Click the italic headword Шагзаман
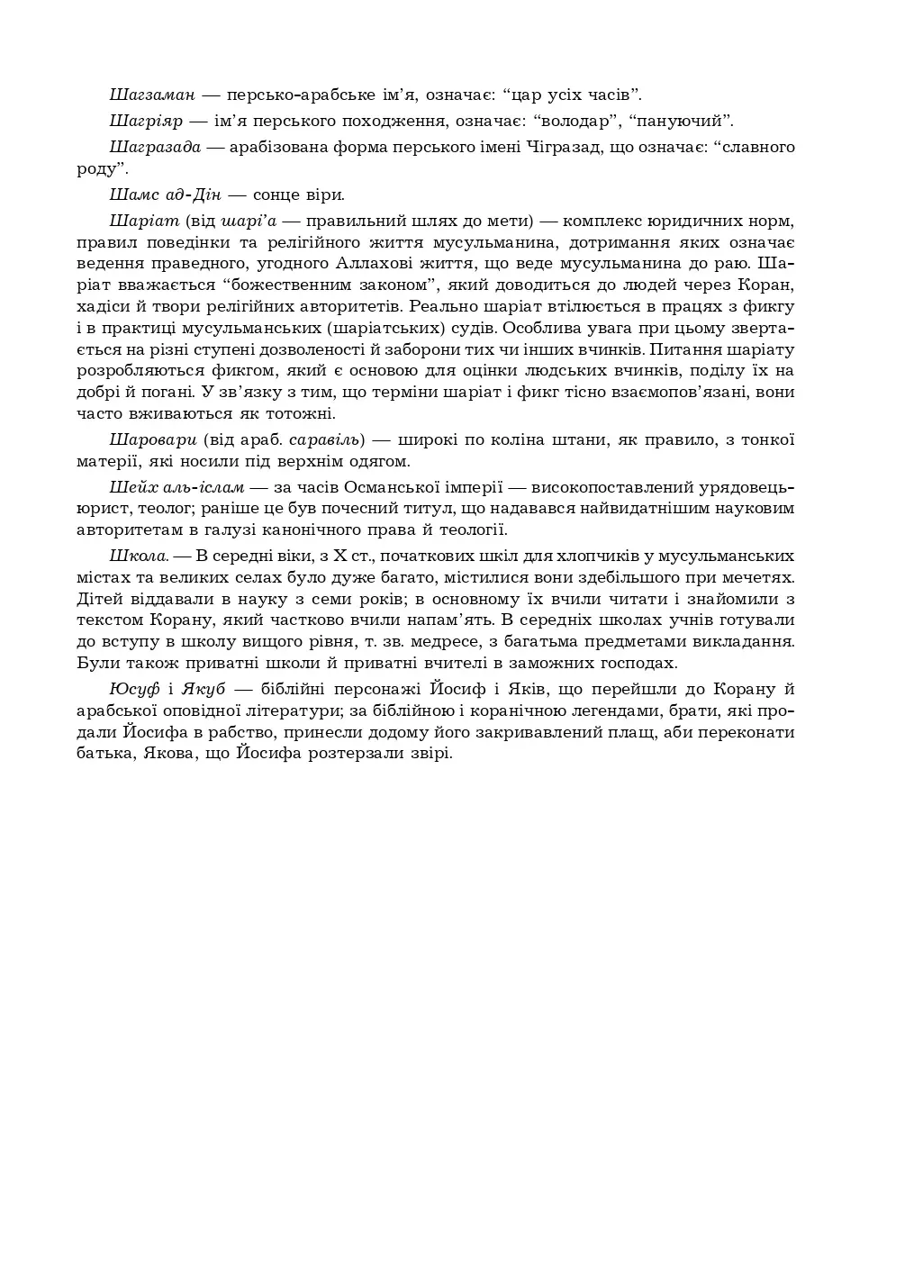[x=151, y=95]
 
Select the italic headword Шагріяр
[x=146, y=121]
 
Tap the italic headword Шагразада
[x=155, y=147]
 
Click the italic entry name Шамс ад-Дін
[x=165, y=195]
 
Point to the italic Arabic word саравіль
[x=325, y=439]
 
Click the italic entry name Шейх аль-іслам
[x=176, y=487]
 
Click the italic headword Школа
[x=138, y=556]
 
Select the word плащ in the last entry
[x=629, y=732]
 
